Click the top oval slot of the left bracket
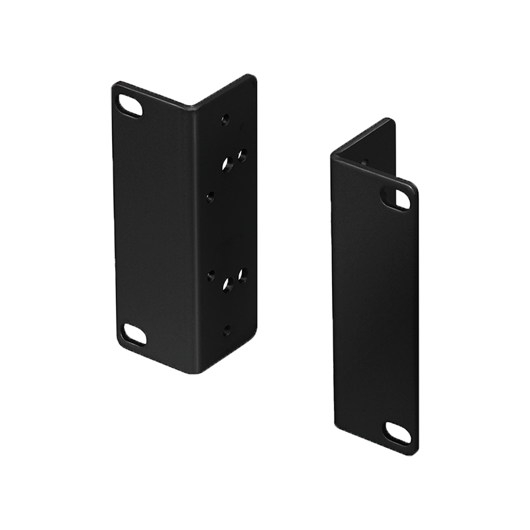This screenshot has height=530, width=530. (x=130, y=105)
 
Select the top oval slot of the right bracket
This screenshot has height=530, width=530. (x=396, y=198)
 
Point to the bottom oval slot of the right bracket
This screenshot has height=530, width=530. (x=397, y=433)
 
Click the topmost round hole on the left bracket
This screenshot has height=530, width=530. (x=225, y=120)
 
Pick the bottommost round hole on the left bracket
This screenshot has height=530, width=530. (x=227, y=329)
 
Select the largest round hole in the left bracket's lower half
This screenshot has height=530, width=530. (x=227, y=286)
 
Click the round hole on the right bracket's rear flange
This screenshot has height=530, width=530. (x=364, y=162)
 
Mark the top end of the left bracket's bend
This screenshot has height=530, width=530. (x=193, y=106)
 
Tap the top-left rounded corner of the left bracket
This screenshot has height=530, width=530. (x=115, y=86)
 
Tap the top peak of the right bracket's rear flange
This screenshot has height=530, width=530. (x=392, y=120)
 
